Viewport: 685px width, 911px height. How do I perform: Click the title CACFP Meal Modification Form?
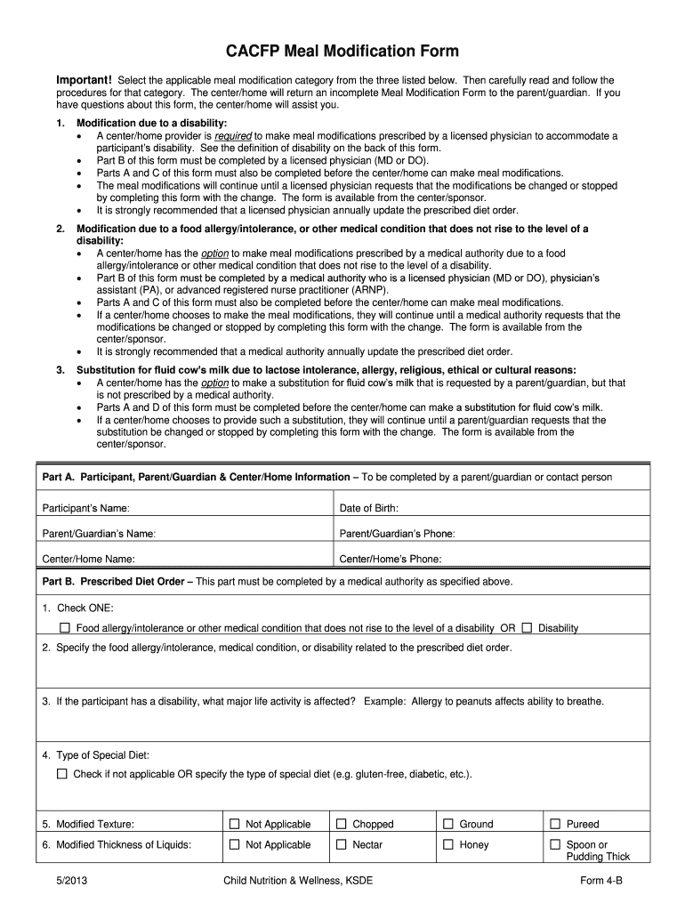[x=342, y=51]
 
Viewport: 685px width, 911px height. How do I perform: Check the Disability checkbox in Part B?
[x=528, y=627]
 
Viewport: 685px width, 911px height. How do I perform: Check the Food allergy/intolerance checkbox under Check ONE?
[x=64, y=627]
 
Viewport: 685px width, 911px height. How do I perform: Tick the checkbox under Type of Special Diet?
[x=62, y=774]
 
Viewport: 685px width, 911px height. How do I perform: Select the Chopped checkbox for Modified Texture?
[x=342, y=824]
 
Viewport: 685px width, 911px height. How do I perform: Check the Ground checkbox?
[x=448, y=824]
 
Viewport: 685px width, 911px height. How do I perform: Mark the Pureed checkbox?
[x=555, y=824]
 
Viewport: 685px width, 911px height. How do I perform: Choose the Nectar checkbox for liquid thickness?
[x=342, y=844]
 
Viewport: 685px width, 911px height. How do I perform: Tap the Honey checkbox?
[x=448, y=844]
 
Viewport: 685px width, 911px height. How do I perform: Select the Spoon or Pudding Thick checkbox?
[x=555, y=844]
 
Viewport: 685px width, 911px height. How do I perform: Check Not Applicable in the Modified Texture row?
[x=235, y=824]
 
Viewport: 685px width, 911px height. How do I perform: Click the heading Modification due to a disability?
[x=151, y=123]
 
